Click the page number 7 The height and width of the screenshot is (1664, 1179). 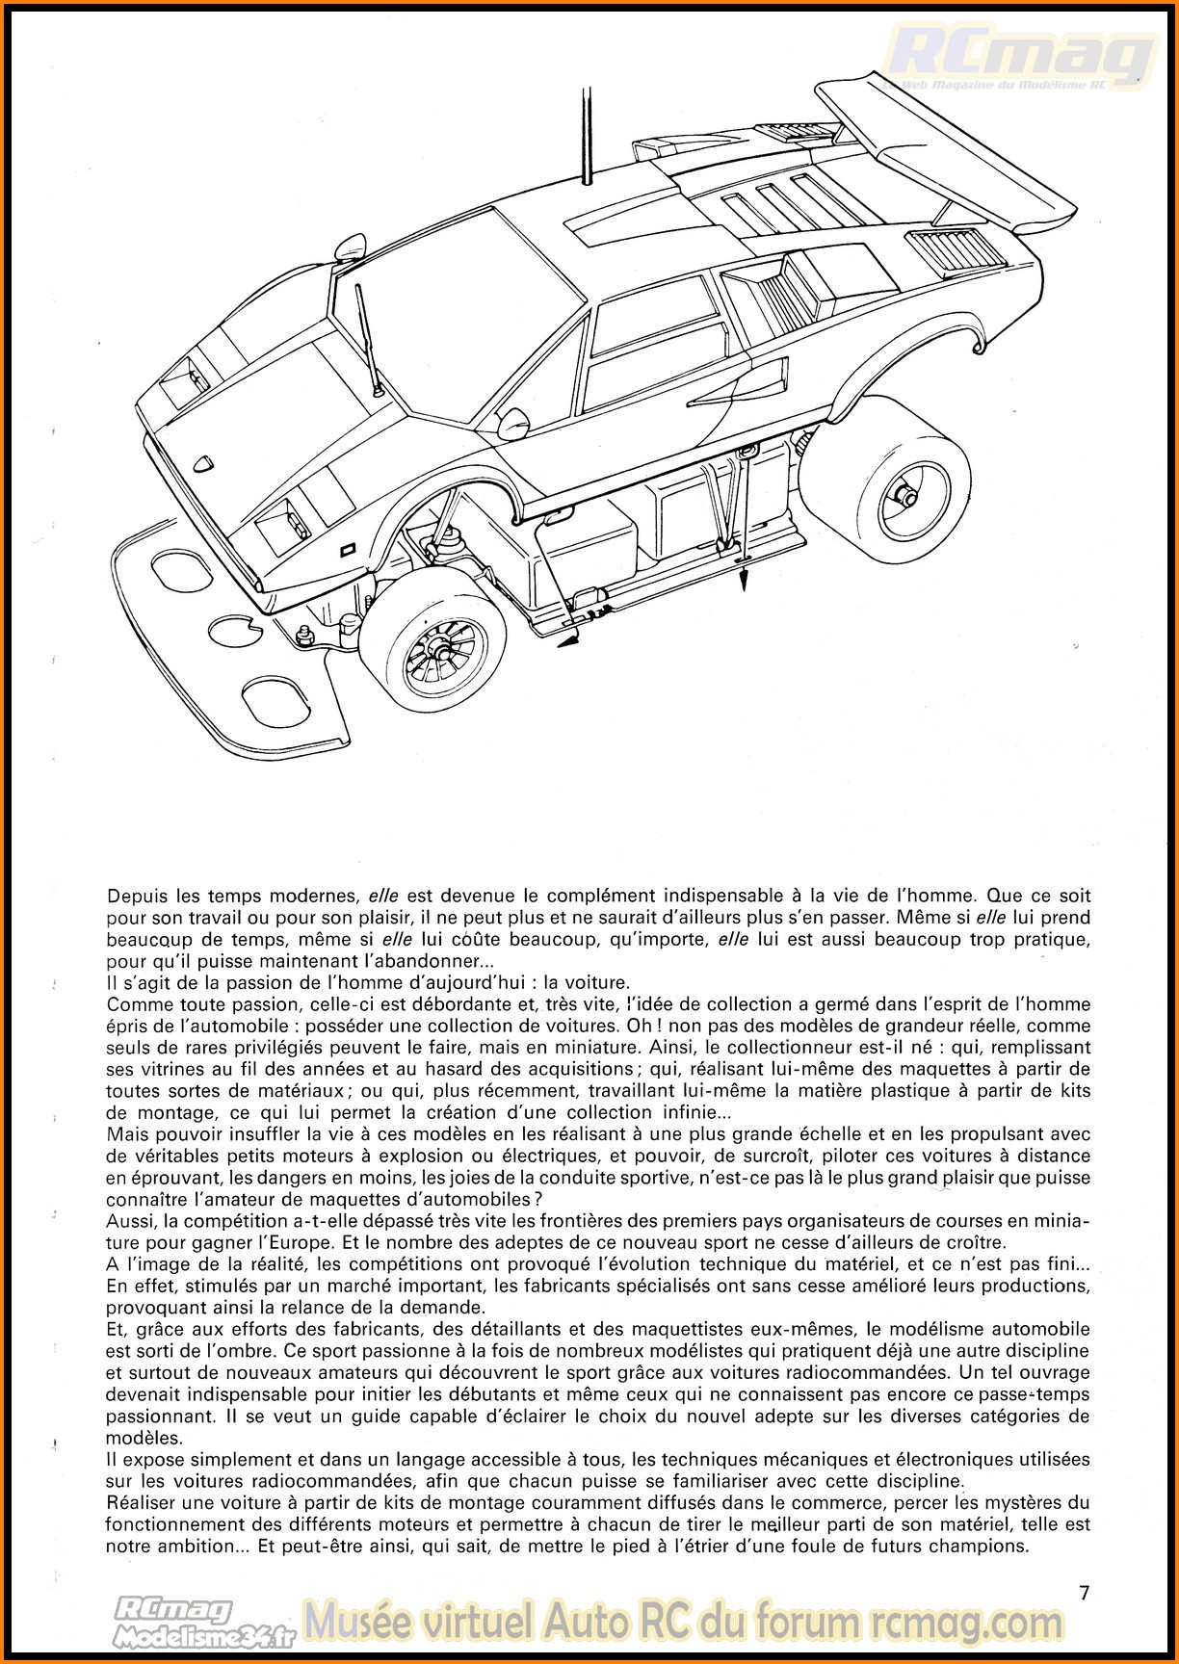click(x=1085, y=1593)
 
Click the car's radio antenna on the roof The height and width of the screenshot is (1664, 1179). click(x=584, y=135)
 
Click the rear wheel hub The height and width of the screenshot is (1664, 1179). click(x=905, y=496)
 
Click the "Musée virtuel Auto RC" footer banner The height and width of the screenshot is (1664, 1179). click(x=684, y=1622)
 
